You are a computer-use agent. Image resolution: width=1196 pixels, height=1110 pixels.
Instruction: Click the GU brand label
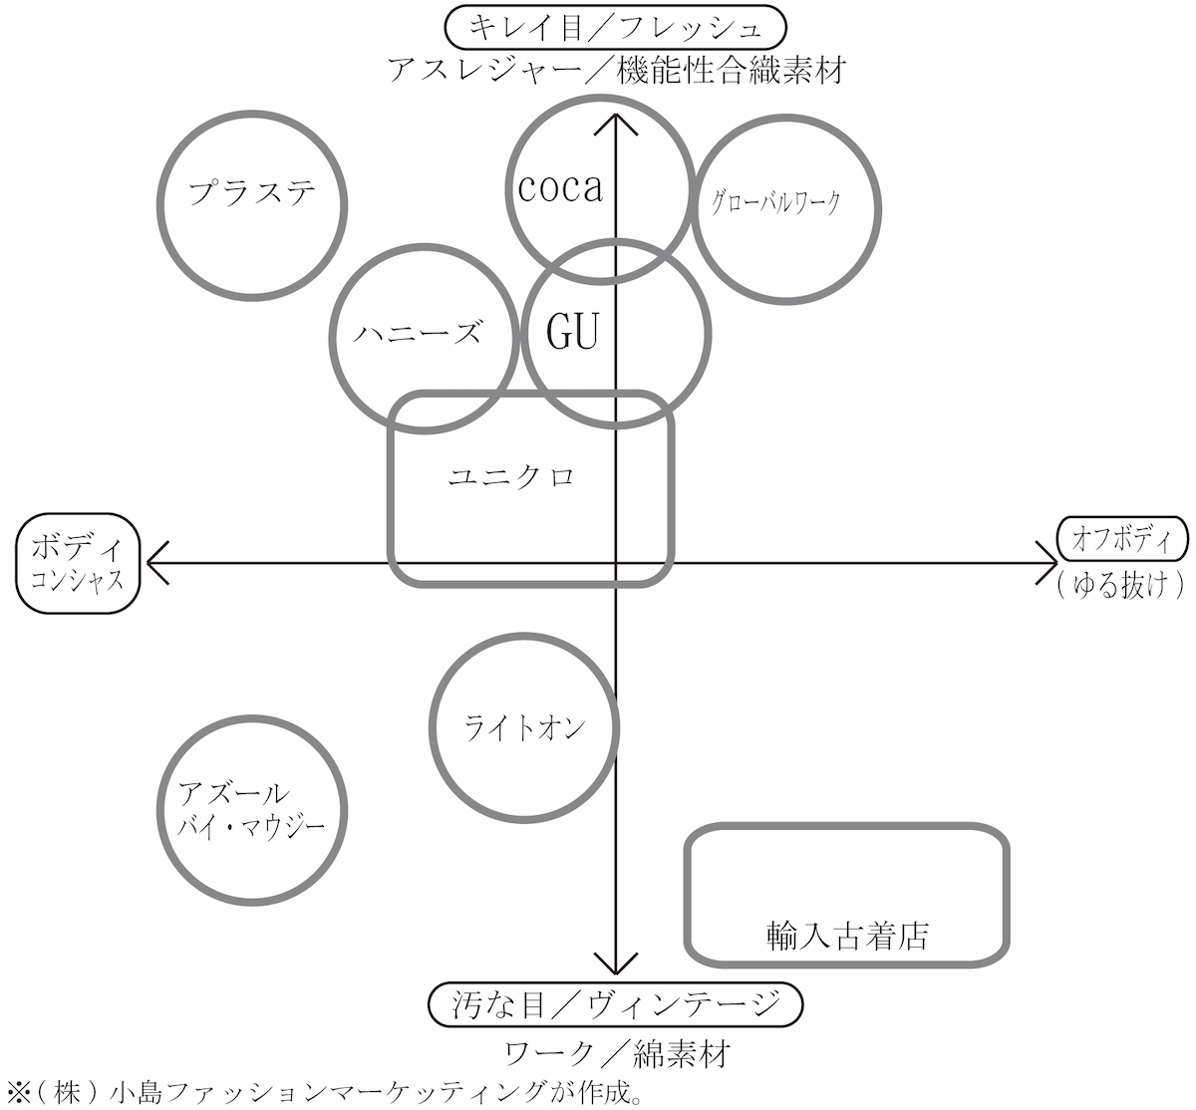tap(573, 331)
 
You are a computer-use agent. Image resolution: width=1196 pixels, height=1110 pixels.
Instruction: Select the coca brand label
tap(560, 187)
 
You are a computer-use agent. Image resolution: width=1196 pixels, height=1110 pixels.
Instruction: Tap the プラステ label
tap(252, 192)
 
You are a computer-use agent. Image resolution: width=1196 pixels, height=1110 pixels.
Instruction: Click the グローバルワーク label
tap(776, 203)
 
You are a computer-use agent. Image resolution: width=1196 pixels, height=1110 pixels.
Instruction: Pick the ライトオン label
tap(524, 728)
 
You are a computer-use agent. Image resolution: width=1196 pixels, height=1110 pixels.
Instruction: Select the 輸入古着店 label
tap(848, 935)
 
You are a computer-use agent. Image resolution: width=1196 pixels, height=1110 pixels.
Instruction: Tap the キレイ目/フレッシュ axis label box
tap(616, 28)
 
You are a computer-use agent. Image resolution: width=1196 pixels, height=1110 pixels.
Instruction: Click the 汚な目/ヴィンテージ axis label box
tap(615, 1004)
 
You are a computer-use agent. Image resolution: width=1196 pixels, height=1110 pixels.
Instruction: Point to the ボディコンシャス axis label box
tap(77, 562)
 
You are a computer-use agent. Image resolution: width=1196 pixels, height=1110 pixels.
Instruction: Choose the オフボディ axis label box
tap(1122, 540)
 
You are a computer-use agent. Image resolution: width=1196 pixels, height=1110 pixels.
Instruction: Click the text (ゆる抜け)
tap(1121, 585)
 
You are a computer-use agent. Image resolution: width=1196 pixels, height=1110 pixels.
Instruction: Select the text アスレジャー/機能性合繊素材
tap(616, 72)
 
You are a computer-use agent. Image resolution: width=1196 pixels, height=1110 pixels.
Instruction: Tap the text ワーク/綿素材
tap(618, 1053)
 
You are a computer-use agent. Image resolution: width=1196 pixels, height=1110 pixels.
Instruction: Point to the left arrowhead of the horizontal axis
tap(155, 563)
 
